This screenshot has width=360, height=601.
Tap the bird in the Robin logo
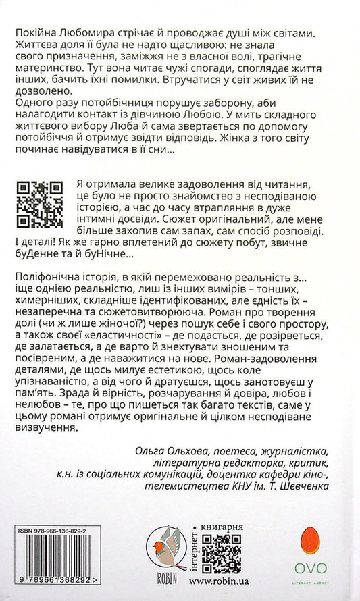coord(163,550)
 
